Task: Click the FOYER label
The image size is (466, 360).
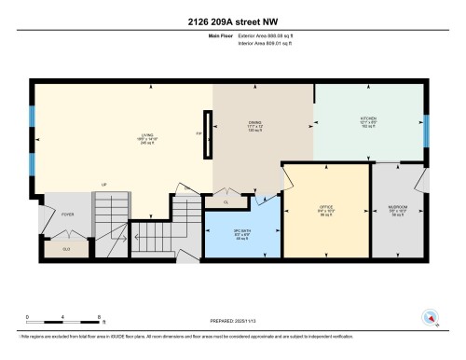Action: tap(67, 215)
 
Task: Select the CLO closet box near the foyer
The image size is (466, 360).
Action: tap(67, 248)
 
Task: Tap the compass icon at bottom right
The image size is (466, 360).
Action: tap(432, 318)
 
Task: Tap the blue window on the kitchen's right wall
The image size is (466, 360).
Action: tap(427, 131)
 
